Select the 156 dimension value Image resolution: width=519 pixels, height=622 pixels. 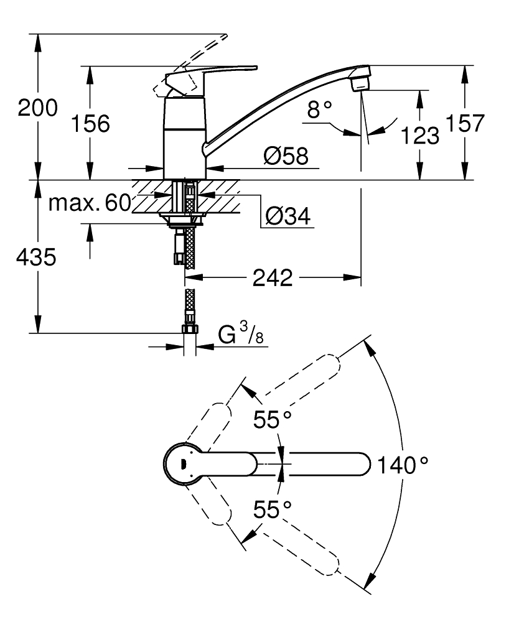[x=90, y=124]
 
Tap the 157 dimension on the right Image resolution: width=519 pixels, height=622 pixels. [x=465, y=123]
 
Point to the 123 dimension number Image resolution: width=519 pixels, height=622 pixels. [x=420, y=134]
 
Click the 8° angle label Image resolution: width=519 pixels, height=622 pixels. [x=320, y=111]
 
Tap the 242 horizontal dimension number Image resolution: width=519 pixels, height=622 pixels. [x=273, y=278]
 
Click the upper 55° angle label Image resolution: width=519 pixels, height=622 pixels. [x=272, y=420]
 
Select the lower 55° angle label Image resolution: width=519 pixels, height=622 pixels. [x=272, y=510]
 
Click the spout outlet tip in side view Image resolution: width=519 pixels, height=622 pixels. [x=362, y=81]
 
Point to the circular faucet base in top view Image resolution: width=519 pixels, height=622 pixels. [x=182, y=463]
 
